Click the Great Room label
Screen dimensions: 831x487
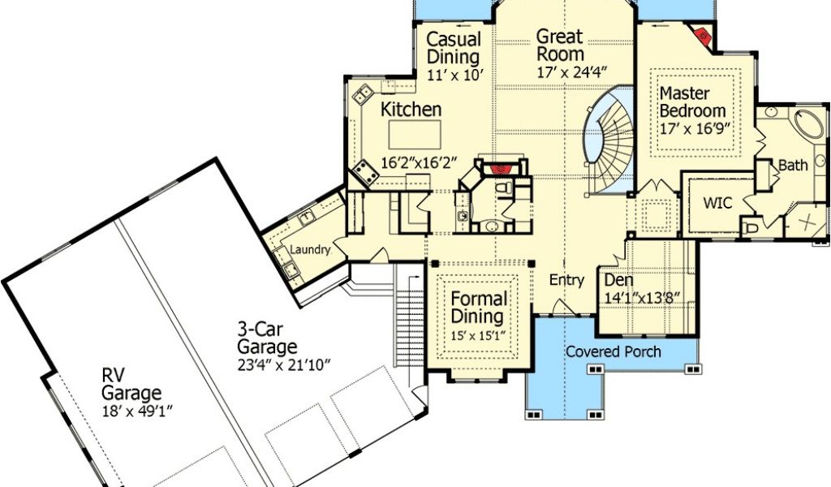[x=560, y=45]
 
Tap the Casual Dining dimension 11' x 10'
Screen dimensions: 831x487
[x=454, y=74]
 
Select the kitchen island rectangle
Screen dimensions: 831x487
[x=415, y=135]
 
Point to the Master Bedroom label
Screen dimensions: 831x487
[x=693, y=102]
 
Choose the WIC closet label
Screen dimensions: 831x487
[x=717, y=202]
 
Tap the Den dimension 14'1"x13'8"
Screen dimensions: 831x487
[x=643, y=299]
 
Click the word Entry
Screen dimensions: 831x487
[x=566, y=280]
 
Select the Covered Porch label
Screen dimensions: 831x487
[x=614, y=351]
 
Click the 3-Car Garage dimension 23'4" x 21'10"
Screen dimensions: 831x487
[x=283, y=364]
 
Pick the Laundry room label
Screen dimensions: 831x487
[x=310, y=250]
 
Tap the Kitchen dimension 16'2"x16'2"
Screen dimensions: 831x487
[x=419, y=162]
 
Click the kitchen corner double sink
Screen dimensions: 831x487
[x=364, y=94]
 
